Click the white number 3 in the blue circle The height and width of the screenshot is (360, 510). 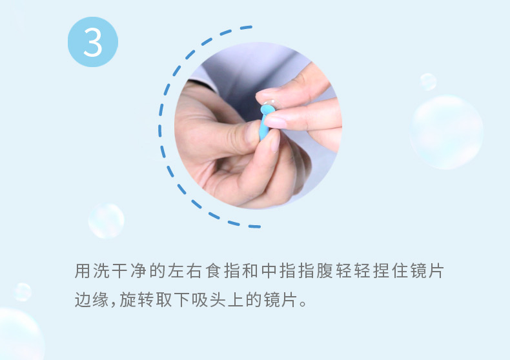[93, 42]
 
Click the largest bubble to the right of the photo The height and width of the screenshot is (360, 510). [446, 132]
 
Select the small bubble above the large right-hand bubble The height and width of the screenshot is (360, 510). [428, 81]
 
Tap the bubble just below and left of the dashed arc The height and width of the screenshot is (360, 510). [107, 221]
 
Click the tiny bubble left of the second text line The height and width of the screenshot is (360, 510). [23, 292]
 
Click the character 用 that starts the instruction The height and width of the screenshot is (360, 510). [82, 271]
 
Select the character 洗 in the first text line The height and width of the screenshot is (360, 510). [101, 271]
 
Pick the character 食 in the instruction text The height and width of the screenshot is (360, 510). [213, 271]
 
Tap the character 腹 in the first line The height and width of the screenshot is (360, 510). [325, 271]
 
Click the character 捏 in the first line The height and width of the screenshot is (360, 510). [381, 271]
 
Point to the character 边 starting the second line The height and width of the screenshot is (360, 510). [82, 299]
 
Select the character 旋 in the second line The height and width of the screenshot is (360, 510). [127, 299]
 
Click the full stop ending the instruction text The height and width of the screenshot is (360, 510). [303, 304]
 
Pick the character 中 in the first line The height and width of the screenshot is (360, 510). [269, 271]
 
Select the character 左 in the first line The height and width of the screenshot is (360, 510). [176, 271]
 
